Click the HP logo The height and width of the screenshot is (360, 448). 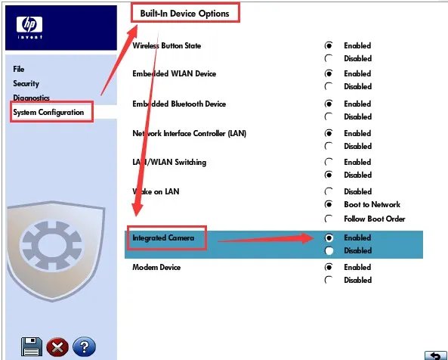29,27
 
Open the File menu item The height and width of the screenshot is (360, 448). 19,69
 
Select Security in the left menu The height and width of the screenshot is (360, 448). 26,83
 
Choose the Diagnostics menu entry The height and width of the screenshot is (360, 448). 31,98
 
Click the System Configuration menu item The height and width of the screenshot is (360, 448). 48,112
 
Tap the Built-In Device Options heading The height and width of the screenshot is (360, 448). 184,14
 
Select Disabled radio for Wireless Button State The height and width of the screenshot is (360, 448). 329,58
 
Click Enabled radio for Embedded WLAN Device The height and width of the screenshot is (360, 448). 329,73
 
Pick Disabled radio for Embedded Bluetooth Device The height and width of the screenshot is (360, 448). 329,116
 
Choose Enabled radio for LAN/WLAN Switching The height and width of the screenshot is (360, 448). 329,162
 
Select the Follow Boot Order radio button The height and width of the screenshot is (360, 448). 329,219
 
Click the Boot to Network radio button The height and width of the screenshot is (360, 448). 329,204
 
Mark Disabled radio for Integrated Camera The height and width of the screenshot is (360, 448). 329,251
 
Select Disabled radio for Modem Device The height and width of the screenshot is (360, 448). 329,280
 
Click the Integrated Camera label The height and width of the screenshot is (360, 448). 163,238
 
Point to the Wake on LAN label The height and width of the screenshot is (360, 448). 156,191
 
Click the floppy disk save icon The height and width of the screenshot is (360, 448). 32,347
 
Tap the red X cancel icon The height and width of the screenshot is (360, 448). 57,347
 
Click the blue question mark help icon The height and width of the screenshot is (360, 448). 84,347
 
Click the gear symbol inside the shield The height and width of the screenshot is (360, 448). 51,246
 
